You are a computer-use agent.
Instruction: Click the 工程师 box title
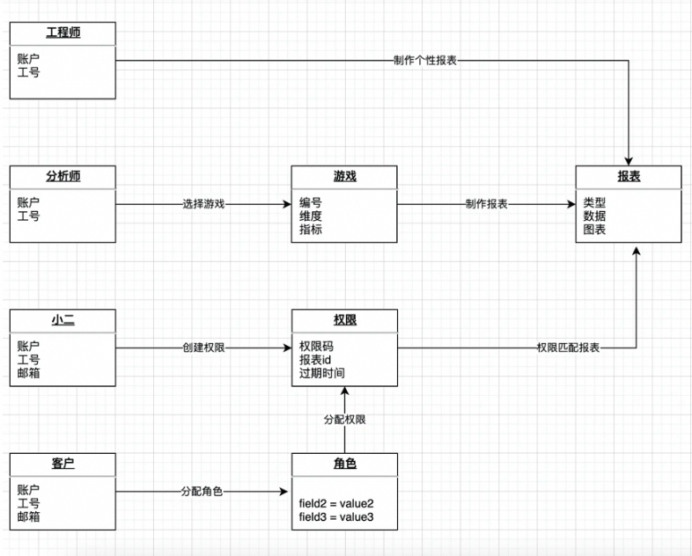[63, 33]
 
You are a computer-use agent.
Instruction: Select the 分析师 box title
[63, 176]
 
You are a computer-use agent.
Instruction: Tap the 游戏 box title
[344, 176]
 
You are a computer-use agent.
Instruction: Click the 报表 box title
[629, 176]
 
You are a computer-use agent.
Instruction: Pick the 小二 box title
[63, 319]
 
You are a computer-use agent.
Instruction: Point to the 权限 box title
[344, 319]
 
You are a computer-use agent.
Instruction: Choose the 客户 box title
[63, 464]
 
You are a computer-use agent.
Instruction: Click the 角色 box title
[344, 464]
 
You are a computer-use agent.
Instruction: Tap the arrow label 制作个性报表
[425, 61]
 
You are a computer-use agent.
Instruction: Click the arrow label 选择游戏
[203, 204]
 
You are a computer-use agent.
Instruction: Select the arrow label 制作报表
[486, 204]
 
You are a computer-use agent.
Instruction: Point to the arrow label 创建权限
[203, 347]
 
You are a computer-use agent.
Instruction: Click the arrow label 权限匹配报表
[568, 347]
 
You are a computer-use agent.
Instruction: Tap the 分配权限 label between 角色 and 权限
[344, 420]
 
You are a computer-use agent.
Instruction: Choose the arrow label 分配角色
[202, 491]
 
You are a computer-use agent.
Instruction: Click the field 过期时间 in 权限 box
[321, 373]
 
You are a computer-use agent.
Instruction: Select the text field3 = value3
[336, 516]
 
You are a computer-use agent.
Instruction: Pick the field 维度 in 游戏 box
[311, 216]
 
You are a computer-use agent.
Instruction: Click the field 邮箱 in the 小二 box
[29, 373]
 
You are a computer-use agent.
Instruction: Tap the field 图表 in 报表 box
[594, 230]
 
